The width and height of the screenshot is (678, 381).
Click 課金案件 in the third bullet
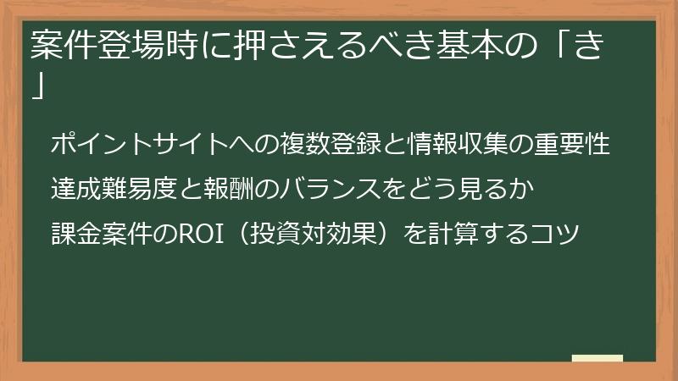[x=92, y=229]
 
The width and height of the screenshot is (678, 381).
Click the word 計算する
[x=474, y=229]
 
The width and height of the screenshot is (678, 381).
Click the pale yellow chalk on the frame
[x=597, y=358]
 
